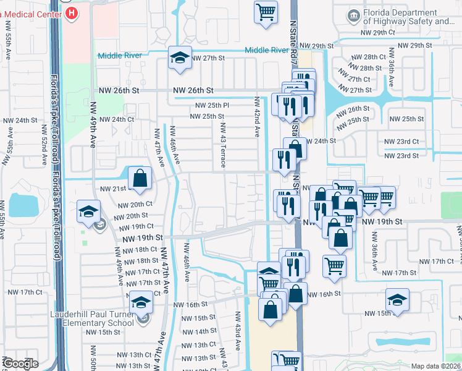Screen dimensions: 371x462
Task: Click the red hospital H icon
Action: [72, 12]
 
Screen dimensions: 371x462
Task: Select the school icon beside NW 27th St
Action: [179, 59]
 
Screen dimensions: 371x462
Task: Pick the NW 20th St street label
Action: [131, 216]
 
